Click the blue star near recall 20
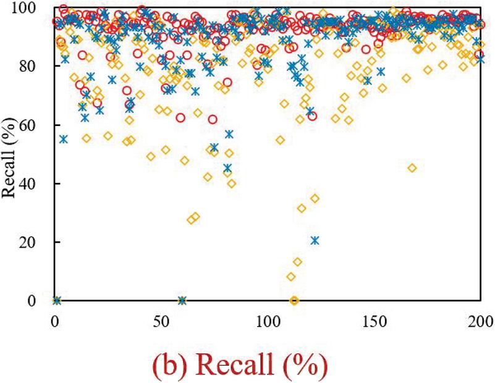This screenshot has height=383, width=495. pyautogui.click(x=315, y=240)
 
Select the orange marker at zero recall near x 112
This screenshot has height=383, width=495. pyautogui.click(x=294, y=301)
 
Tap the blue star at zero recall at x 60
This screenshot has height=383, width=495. pyautogui.click(x=182, y=301)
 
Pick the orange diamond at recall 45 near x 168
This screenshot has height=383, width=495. pyautogui.click(x=412, y=168)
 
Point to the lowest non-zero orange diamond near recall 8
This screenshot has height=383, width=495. pyautogui.click(x=291, y=277)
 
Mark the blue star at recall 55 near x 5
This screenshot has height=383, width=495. pyautogui.click(x=63, y=139)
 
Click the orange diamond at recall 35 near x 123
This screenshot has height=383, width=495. pyautogui.click(x=315, y=198)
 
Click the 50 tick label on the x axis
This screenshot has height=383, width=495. pyautogui.click(x=161, y=322)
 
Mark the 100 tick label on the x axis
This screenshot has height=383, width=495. pyautogui.click(x=268, y=322)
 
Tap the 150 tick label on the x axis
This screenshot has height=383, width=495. pyautogui.click(x=374, y=322)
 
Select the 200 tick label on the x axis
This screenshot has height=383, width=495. pyautogui.click(x=480, y=322)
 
